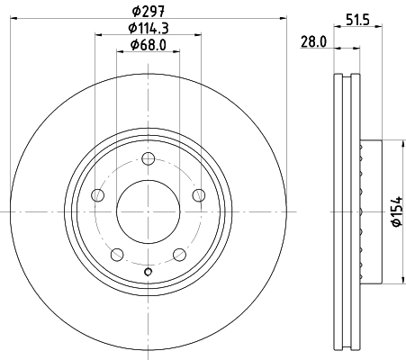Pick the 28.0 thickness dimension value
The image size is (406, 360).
(x=313, y=41)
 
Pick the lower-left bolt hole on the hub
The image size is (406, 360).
(x=117, y=255)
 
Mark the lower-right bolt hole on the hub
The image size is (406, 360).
(x=180, y=255)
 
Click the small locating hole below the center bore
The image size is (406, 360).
(x=149, y=272)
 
